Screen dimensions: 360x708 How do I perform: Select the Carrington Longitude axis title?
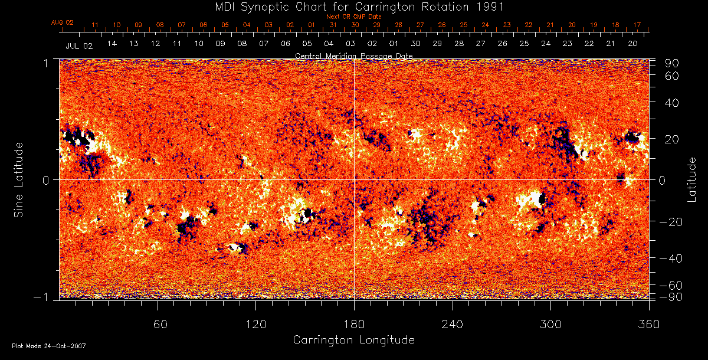353,340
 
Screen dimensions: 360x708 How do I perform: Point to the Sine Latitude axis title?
19,179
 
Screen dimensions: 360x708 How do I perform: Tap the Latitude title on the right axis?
692,179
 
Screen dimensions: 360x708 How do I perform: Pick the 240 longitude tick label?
453,324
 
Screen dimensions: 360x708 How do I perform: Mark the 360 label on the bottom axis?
649,324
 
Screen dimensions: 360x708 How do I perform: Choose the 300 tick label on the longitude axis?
550,324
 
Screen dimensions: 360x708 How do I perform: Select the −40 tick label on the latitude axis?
670,258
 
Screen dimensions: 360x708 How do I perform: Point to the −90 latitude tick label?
670,296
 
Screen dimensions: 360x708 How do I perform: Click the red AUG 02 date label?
62,22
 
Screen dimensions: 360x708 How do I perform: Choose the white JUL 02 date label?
79,45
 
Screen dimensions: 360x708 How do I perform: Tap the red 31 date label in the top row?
333,25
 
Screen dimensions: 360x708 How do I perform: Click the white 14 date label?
112,44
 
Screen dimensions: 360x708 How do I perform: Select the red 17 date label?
637,25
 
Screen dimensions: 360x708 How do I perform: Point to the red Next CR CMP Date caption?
353,17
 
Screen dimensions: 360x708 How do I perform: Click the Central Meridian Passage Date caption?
353,55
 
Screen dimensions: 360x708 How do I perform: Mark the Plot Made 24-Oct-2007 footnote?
49,345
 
